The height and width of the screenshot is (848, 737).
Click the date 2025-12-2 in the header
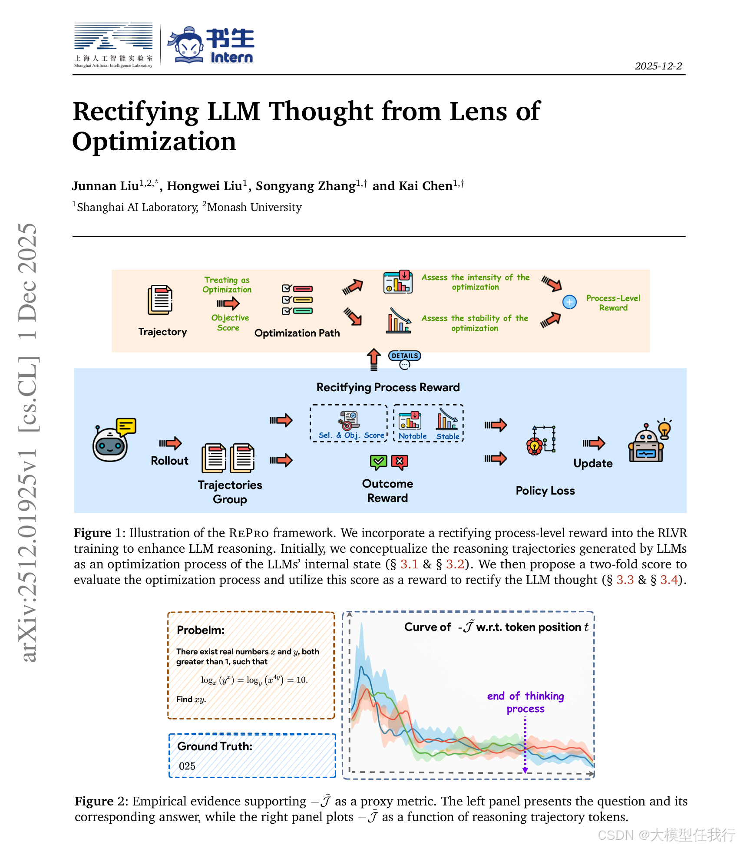pos(658,66)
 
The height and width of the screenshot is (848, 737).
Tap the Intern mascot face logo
pos(186,45)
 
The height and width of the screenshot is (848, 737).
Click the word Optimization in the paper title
pos(154,142)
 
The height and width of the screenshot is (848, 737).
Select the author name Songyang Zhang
pos(305,186)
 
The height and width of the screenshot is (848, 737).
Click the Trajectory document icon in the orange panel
pos(160,300)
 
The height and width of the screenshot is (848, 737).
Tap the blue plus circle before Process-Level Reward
pos(569,302)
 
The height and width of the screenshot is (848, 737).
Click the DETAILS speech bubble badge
pos(404,359)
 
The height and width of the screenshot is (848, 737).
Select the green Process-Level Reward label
pos(613,303)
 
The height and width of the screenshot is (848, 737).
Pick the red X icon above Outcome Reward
pos(400,462)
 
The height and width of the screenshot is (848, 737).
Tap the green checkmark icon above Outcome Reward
pos(378,462)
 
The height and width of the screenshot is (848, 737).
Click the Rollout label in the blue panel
pos(169,461)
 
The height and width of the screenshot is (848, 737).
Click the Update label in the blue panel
pos(593,463)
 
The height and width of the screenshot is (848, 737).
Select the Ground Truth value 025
pos(187,766)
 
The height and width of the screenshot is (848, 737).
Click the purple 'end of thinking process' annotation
pos(525,702)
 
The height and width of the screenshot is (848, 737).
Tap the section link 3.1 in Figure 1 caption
pos(409,564)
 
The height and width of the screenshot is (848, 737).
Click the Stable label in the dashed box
pos(448,436)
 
